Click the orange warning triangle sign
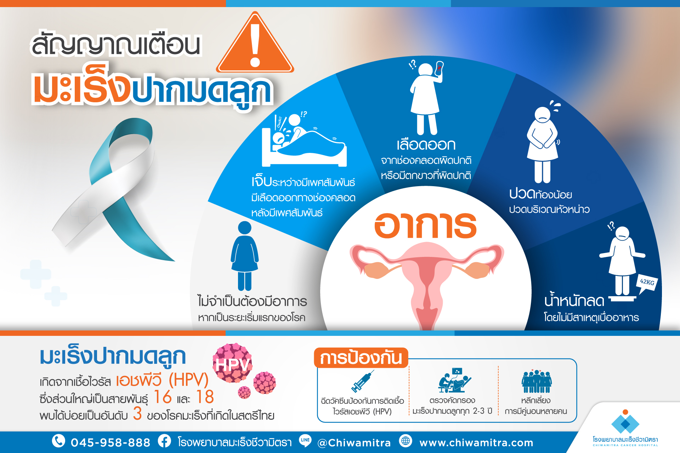(x=255, y=44)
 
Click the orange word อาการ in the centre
(x=425, y=225)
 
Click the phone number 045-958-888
(x=110, y=442)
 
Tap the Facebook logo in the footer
(x=164, y=441)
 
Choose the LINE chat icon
(x=305, y=441)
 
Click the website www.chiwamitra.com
(x=476, y=443)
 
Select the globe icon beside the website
(x=406, y=441)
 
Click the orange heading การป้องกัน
(x=361, y=358)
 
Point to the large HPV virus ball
(x=233, y=363)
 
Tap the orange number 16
(x=163, y=397)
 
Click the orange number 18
(x=205, y=397)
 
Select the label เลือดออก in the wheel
(x=426, y=145)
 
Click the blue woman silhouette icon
(x=245, y=256)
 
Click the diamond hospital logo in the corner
(x=625, y=422)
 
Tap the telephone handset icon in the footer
(x=59, y=441)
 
